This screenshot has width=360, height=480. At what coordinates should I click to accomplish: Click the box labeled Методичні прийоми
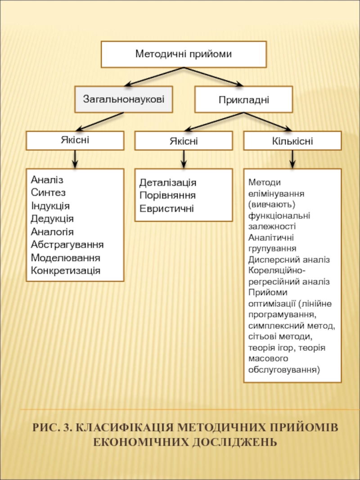coord(184,54)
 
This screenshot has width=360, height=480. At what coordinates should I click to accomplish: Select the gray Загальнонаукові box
coord(124,99)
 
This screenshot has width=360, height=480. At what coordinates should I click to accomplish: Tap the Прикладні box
coord(243,99)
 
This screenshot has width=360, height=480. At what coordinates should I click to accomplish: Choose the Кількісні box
coord(292,141)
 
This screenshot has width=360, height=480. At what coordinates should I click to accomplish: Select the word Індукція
coord(50,206)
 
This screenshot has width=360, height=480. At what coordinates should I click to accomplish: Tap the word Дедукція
coord(52,219)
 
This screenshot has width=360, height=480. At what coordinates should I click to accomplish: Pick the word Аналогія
coord(52,232)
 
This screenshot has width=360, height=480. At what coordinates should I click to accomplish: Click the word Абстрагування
coord(67,245)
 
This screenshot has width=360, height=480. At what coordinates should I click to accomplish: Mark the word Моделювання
coord(66,258)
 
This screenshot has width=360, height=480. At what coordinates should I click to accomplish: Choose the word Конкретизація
coord(66,271)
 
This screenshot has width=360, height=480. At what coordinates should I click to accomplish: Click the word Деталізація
coord(168,183)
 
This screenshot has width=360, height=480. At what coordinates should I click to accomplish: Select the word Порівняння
coord(167,196)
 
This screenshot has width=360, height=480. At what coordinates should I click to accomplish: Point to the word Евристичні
coord(166,209)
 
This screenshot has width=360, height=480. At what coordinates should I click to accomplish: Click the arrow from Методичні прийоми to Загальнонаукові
coord(155,76)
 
